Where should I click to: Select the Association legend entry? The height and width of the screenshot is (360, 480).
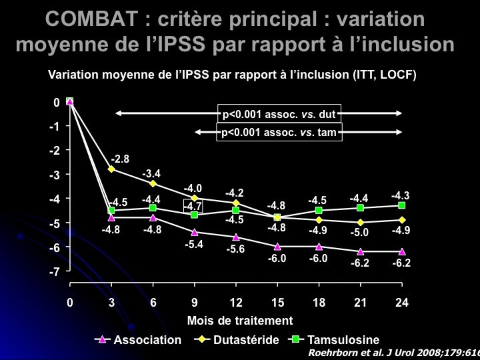click(x=140, y=340)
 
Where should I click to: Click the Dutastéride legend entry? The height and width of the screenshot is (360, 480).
click(x=239, y=340)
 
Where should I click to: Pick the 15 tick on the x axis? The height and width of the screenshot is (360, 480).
click(x=277, y=303)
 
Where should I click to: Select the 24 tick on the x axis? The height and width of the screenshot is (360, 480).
click(x=401, y=303)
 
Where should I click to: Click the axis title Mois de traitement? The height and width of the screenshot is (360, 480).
click(x=240, y=320)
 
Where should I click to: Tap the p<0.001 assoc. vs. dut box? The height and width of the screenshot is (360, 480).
click(x=279, y=114)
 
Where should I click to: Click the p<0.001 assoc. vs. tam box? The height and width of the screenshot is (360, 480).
click(x=279, y=132)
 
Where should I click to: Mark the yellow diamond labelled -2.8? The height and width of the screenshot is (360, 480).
click(x=111, y=169)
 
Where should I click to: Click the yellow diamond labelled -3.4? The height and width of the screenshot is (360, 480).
click(x=153, y=183)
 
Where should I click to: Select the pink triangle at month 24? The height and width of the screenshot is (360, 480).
click(x=402, y=251)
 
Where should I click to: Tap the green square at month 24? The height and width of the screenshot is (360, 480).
click(x=402, y=205)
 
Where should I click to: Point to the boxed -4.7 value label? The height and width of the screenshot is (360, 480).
click(x=193, y=207)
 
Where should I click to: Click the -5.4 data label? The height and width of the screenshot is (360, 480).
click(x=193, y=244)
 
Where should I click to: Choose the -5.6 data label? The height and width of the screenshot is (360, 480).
click(x=235, y=249)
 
